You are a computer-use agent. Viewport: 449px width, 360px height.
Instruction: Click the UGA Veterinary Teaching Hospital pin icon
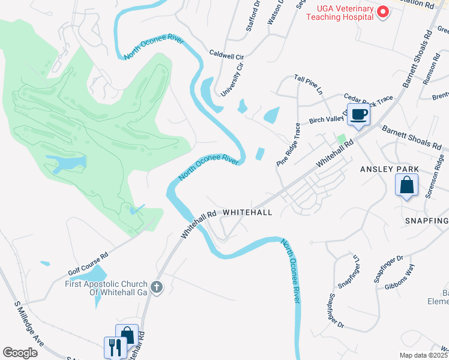pyautogui.click(x=382, y=11)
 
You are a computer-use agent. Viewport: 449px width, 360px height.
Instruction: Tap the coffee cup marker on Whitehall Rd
pyautogui.click(x=359, y=115)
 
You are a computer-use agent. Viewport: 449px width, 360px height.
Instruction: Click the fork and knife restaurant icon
pyautogui.click(x=115, y=347)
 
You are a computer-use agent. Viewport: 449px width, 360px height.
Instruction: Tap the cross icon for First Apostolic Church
pyautogui.click(x=157, y=287)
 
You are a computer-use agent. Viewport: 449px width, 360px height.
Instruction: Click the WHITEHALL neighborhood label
pyautogui.click(x=247, y=212)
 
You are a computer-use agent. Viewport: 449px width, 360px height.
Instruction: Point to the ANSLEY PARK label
pyautogui.click(x=385, y=169)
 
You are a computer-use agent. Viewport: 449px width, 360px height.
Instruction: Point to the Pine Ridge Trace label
pyautogui.click(x=288, y=145)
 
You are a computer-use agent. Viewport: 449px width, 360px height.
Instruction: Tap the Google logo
pyautogui.click(x=20, y=353)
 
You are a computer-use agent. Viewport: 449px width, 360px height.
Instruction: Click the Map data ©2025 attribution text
pyautogui.click(x=423, y=355)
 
